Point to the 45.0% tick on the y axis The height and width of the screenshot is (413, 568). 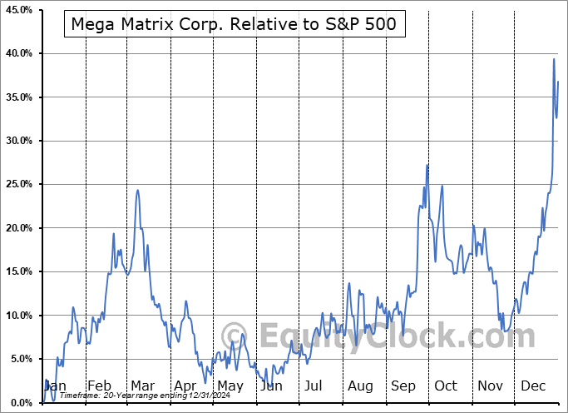pos(19,10)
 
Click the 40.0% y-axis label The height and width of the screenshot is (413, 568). pos(19,53)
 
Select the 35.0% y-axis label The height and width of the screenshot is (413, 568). pos(19,97)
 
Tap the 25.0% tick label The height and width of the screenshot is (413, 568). pos(19,185)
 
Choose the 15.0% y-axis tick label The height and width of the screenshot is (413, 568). pos(19,272)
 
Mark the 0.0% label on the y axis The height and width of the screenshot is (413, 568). pos(21,403)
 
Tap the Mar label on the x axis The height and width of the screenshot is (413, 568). pos(141,386)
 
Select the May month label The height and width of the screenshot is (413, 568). pos(230,386)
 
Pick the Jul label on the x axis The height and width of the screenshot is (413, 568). pos(314,386)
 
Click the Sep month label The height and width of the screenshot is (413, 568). pos(404,386)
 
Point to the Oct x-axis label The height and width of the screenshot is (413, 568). pos(446,386)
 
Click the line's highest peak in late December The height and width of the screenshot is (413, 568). pos(554,58)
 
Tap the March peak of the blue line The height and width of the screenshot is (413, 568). pos(137,191)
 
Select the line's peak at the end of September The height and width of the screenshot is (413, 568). pos(427,165)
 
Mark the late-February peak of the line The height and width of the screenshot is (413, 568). pos(114,234)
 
